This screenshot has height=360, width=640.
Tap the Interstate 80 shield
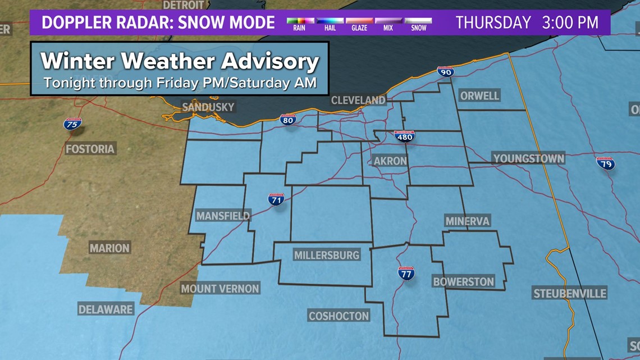click(288, 119)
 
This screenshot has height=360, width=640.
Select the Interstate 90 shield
click(445, 71)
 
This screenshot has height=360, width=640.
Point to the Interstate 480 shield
click(404, 136)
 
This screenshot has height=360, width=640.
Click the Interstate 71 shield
click(276, 199)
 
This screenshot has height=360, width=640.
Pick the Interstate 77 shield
click(406, 274)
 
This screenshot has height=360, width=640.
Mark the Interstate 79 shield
click(605, 163)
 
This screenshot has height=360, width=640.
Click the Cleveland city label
click(358, 101)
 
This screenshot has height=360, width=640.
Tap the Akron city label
click(390, 161)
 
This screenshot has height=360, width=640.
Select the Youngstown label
click(528, 159)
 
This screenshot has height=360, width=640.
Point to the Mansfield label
click(223, 216)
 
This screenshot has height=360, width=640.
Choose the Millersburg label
click(327, 256)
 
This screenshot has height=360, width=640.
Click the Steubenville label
click(569, 294)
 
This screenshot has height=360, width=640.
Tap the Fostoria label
click(90, 149)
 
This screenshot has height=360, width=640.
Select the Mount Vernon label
click(220, 289)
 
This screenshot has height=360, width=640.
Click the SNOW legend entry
click(419, 24)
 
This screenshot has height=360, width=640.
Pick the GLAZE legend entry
click(359, 24)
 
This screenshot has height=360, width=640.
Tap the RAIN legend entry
click(299, 24)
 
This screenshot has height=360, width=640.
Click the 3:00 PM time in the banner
click(570, 22)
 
